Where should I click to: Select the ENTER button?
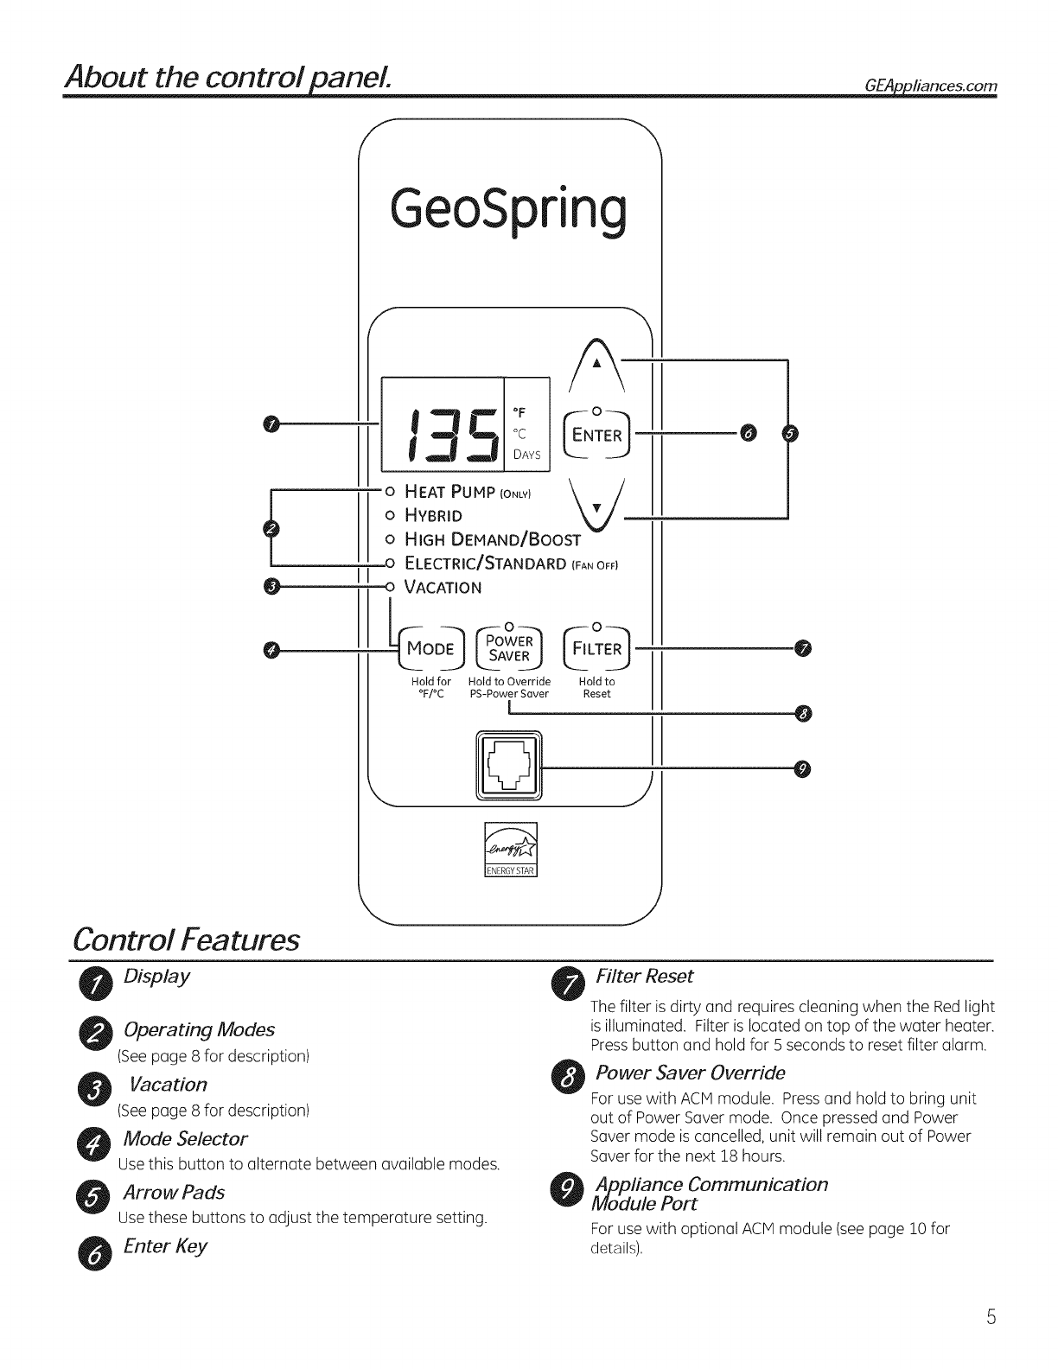tap(596, 435)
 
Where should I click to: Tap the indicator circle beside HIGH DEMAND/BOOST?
tap(389, 540)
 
